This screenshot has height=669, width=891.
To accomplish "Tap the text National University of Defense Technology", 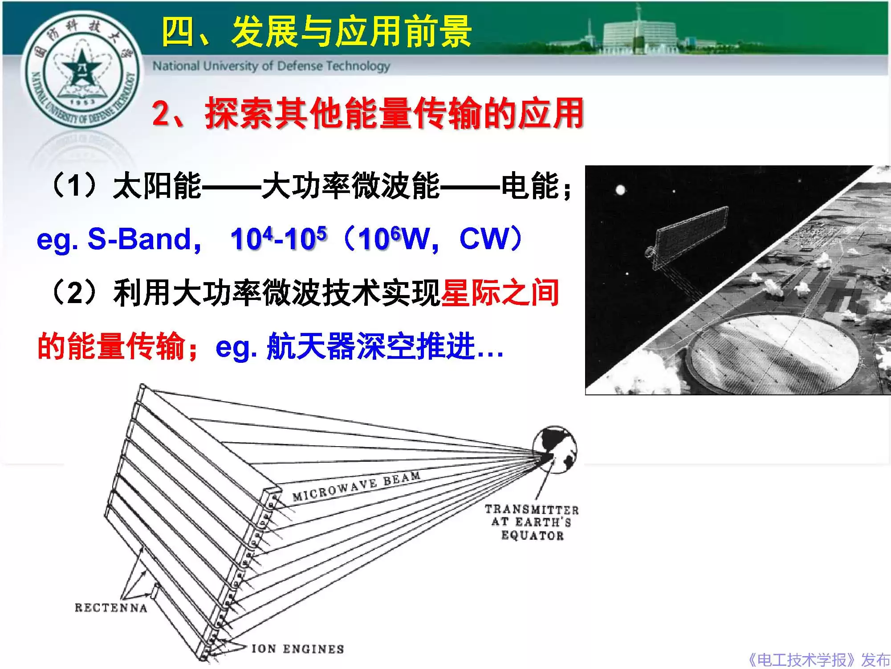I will pos(271,66).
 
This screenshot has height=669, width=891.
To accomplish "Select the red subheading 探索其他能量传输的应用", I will pos(394,114).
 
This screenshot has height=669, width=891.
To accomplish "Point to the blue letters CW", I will pos(483,239).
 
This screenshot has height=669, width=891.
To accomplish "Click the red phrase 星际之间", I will pos(500,293).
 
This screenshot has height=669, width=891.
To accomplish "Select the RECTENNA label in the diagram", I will pos(111,608).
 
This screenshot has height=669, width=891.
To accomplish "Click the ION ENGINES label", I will pos(297,649).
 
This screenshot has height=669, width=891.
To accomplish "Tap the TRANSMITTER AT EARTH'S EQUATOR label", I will pos(532,522).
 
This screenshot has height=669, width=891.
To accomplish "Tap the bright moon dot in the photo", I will pos(620,190).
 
